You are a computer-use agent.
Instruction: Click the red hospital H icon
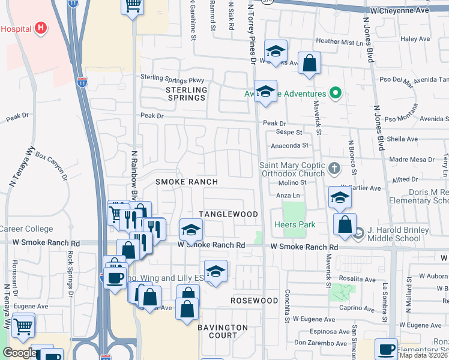[41, 28]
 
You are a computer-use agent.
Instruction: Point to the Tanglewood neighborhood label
[228, 214]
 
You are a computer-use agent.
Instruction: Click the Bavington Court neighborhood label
[223, 331]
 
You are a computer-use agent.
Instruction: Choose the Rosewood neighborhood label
[255, 300]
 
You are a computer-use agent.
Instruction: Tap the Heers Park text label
[295, 224]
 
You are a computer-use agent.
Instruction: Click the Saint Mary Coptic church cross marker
[335, 166]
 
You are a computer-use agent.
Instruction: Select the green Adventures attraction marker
[336, 94]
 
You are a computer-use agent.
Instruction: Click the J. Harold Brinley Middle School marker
[359, 233]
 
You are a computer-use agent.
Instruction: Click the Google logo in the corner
[19, 353]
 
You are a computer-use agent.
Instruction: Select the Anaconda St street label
[289, 145]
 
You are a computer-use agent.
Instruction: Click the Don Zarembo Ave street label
[322, 343]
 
